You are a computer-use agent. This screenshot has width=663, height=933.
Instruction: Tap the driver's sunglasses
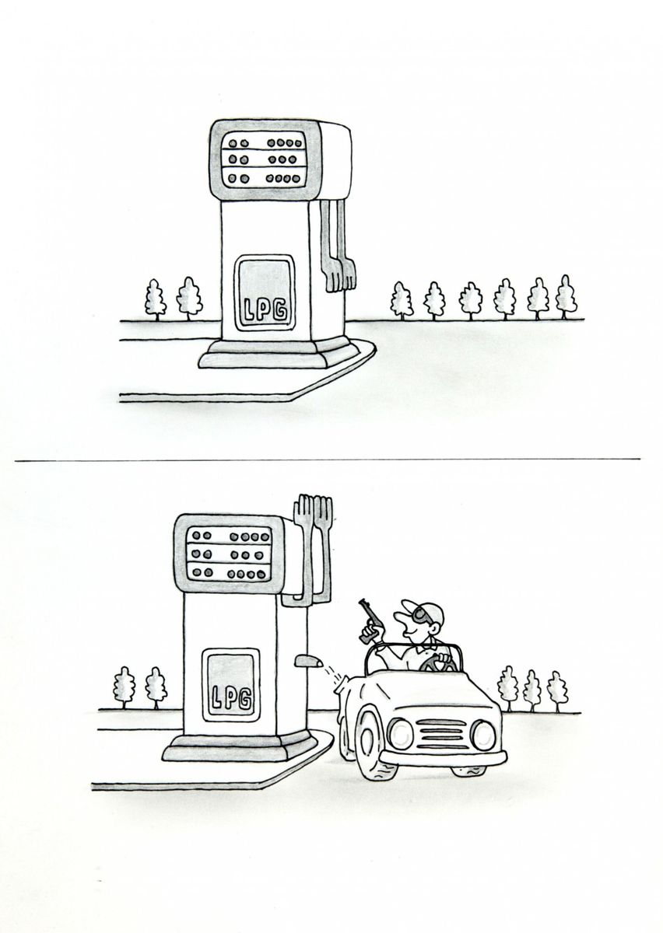coord(419,614)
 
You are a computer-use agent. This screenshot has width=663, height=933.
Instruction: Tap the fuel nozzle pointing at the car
coord(309,662)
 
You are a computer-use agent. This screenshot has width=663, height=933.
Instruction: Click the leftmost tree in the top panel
coord(155,300)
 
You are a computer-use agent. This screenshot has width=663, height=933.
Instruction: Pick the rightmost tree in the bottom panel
coord(556,691)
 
